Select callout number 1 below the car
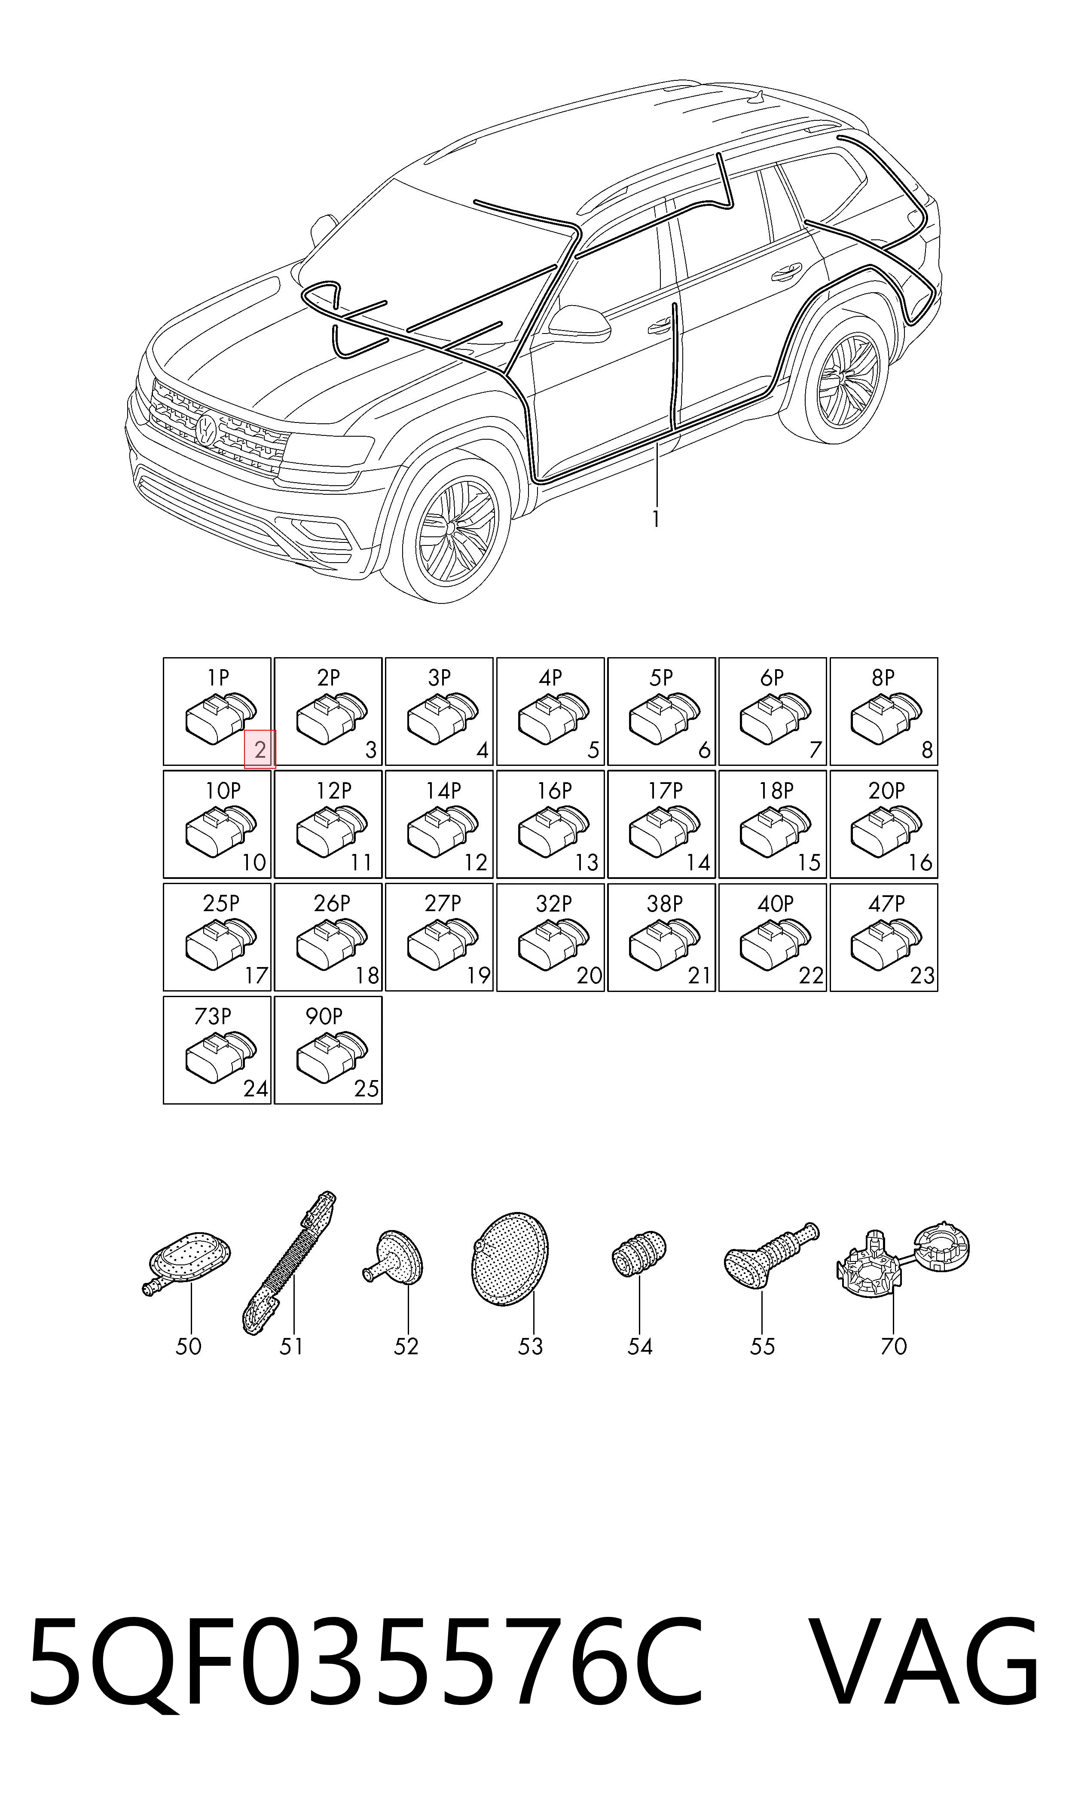pyautogui.click(x=655, y=519)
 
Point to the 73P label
pyautogui.click(x=213, y=1016)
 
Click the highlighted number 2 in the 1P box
pyautogui.click(x=260, y=750)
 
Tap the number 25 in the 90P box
pyautogui.click(x=367, y=1089)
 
